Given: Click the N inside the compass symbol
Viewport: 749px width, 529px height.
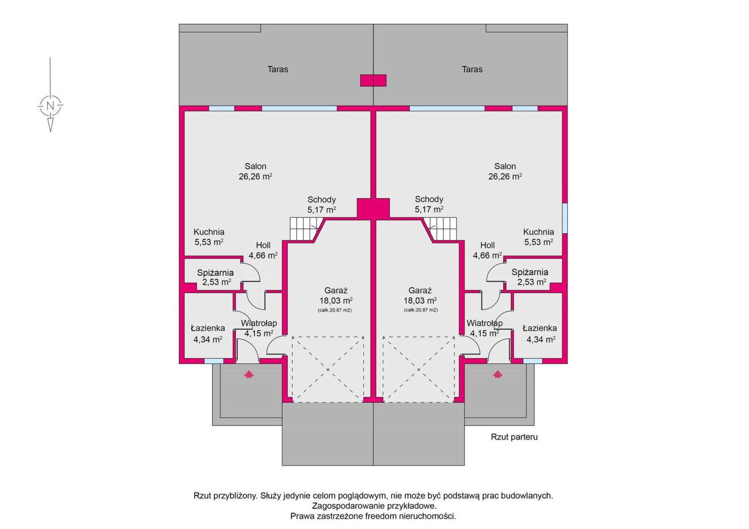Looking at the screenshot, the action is tap(50, 106).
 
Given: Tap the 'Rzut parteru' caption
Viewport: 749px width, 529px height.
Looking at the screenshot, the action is tap(514, 437).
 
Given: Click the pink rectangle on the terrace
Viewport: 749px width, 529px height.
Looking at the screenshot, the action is tap(373, 80).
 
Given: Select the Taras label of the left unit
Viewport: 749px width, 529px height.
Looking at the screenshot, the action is tap(278, 69).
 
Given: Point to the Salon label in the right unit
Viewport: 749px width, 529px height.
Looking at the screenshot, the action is tap(505, 166).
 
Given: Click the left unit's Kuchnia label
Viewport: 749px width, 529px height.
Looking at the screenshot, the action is tap(209, 232).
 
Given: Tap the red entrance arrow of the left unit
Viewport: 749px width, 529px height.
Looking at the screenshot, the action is tap(249, 374).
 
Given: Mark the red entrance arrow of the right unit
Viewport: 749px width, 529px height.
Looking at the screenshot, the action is tap(498, 374).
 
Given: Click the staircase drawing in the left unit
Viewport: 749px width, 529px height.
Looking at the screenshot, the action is tap(307, 229).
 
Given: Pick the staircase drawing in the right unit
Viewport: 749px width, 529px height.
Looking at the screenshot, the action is tap(440, 229).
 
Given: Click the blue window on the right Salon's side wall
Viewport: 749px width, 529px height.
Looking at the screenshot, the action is tap(565, 218).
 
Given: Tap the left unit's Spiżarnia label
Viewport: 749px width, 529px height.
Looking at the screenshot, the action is tap(215, 273).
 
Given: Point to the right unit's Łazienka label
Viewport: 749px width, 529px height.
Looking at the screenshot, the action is tap(540, 328).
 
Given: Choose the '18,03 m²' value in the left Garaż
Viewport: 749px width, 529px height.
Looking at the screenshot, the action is tap(336, 300).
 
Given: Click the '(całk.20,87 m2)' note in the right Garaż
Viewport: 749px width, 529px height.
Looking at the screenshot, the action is tap(421, 310).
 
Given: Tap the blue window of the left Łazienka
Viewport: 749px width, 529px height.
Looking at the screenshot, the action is tap(214, 361).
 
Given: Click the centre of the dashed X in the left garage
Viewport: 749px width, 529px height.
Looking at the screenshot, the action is tap(328, 369).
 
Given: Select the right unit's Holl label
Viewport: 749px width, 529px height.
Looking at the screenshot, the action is tap(487, 245).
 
